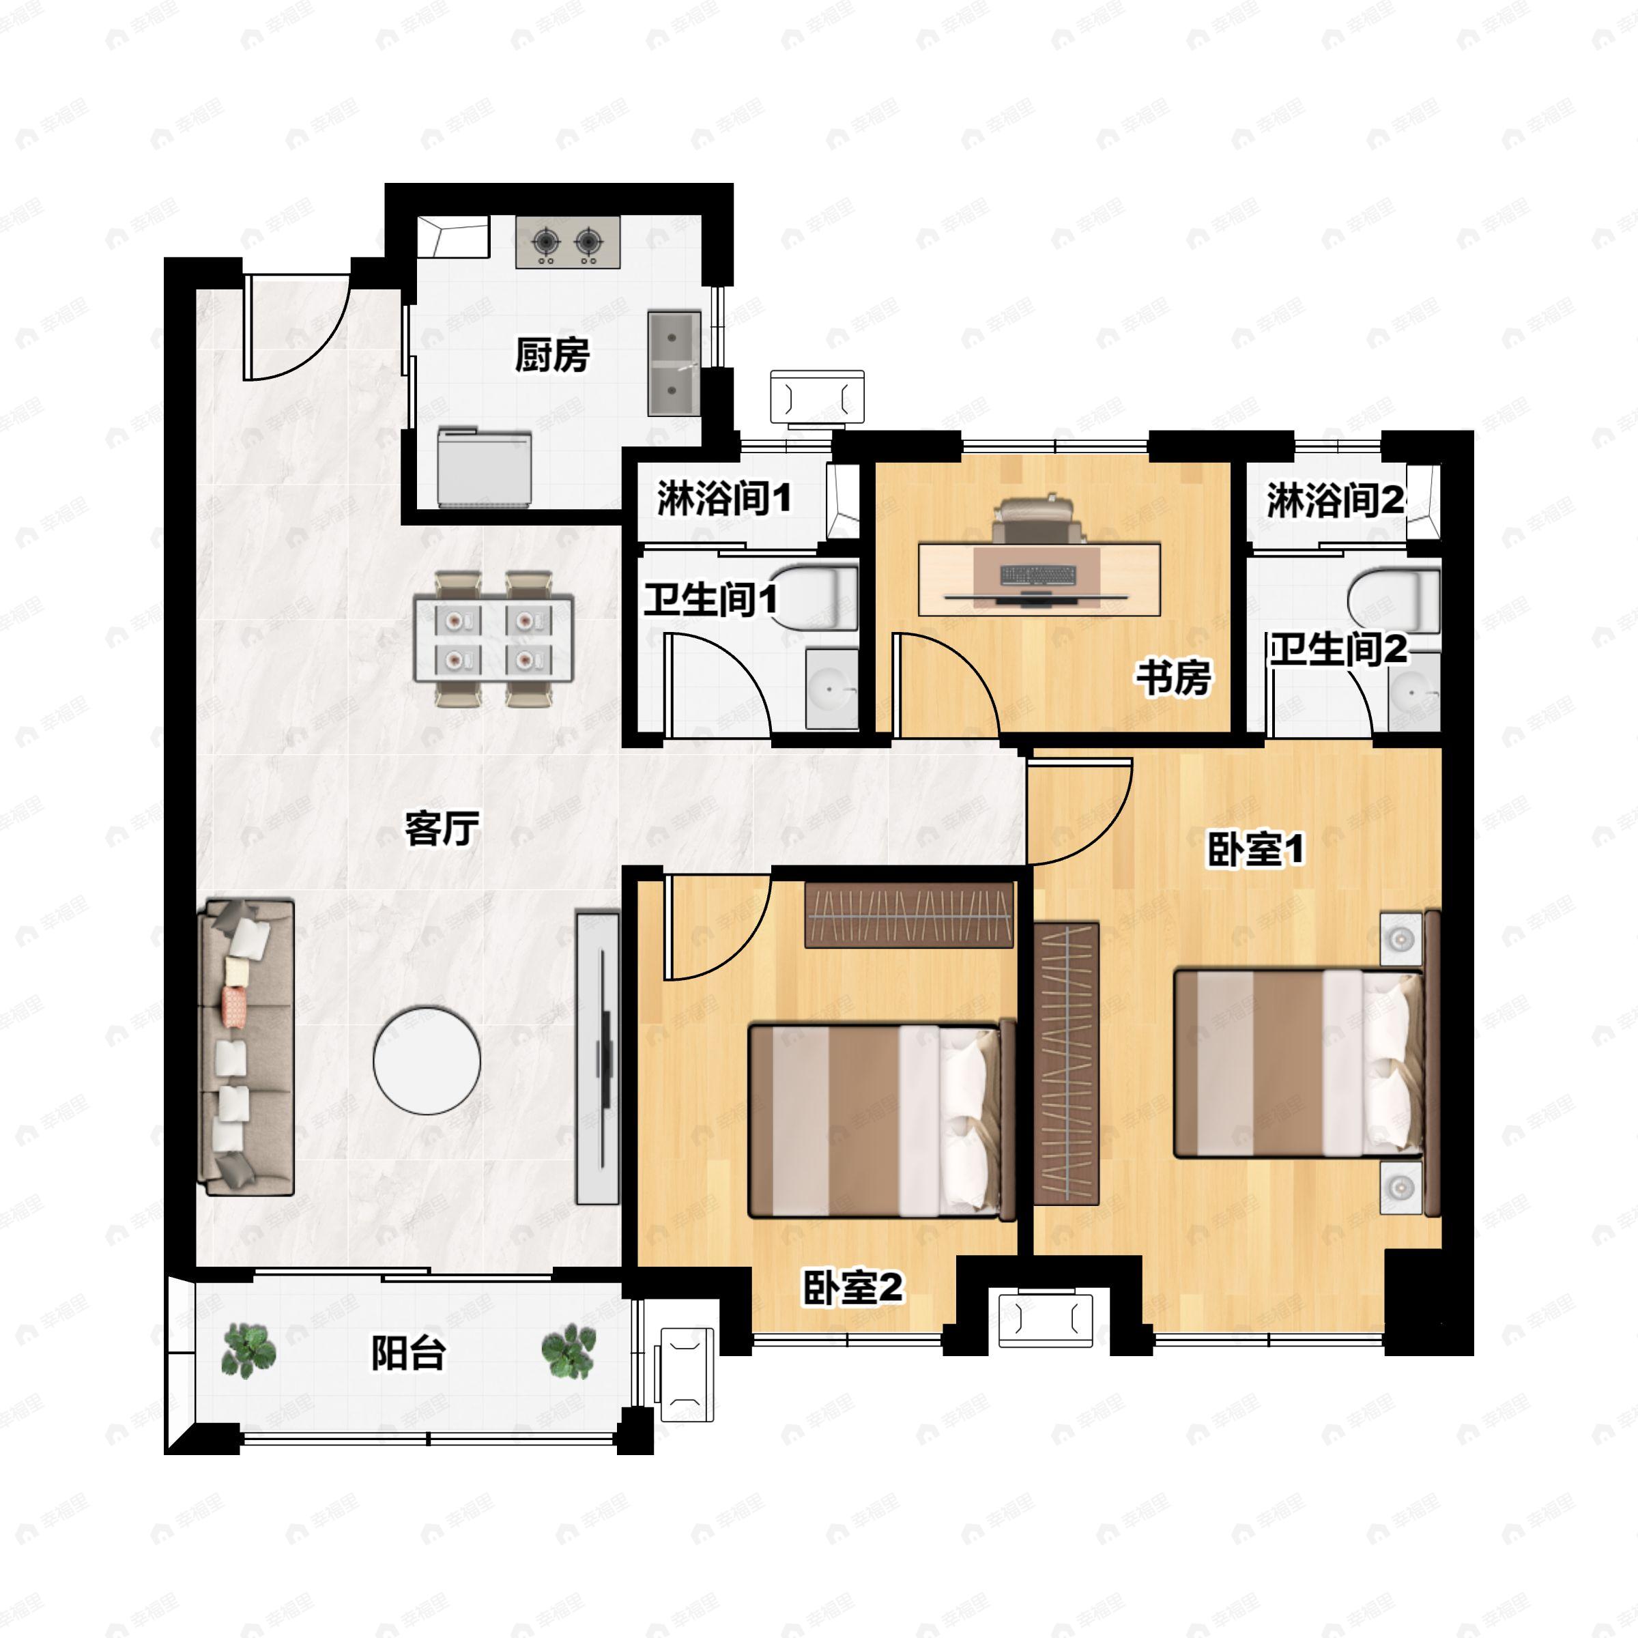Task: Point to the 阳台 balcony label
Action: pos(408,1353)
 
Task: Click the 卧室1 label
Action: pos(1256,850)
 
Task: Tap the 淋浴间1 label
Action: pos(723,498)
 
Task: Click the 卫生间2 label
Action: pos(1338,650)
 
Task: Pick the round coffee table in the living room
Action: pos(427,1060)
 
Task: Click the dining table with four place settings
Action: pos(493,638)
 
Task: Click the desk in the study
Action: pos(1039,579)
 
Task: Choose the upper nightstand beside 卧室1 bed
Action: pos(1400,938)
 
